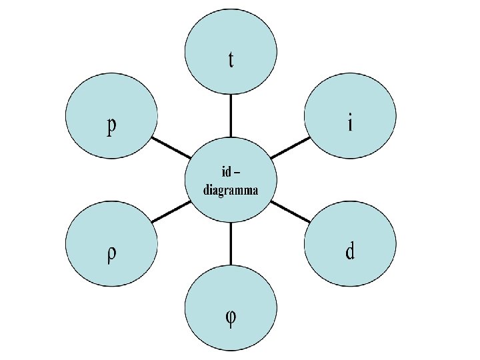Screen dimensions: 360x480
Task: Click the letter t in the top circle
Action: [x=231, y=60]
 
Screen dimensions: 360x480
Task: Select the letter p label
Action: [x=112, y=127]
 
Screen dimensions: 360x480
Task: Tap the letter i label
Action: [x=350, y=124]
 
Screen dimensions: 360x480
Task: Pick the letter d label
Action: [x=350, y=252]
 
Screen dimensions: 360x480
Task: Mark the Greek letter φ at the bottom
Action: [x=230, y=317]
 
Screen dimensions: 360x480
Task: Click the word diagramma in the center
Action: [x=231, y=189]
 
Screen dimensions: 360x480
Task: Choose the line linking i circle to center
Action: [x=291, y=147]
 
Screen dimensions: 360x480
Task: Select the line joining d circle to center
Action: [x=291, y=211]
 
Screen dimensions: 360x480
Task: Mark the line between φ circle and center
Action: [x=231, y=244]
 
